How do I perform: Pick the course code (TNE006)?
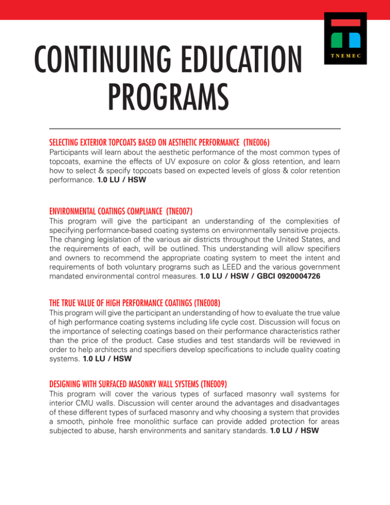(255, 139)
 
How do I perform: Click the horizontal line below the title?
(194, 128)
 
